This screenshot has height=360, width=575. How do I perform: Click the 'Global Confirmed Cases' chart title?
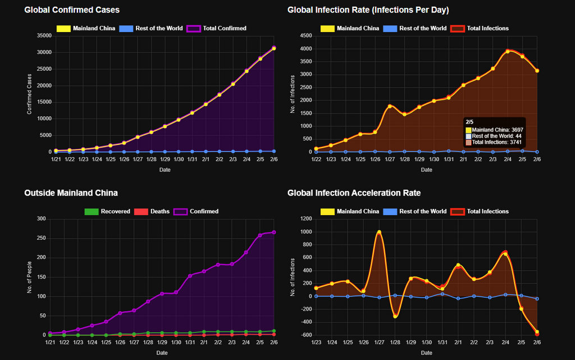click(x=72, y=10)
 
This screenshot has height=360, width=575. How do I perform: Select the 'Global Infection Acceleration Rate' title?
click(x=354, y=193)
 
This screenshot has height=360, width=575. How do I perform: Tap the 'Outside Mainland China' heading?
click(x=71, y=193)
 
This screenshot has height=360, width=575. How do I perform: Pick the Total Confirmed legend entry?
click(x=217, y=28)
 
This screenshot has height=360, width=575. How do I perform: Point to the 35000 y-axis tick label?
click(x=43, y=35)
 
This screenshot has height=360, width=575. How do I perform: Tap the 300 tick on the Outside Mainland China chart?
click(x=41, y=218)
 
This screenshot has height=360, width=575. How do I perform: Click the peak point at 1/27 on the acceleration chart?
click(x=379, y=232)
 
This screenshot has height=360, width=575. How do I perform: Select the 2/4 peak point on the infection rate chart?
click(x=508, y=51)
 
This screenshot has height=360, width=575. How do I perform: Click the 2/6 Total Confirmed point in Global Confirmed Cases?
click(x=274, y=48)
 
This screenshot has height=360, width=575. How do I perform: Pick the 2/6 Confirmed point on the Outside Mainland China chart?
click(x=274, y=232)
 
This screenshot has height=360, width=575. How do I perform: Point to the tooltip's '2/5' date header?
click(x=469, y=122)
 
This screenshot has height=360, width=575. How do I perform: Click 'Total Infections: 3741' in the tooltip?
click(x=494, y=143)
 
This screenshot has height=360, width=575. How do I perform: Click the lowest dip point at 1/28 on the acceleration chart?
click(x=395, y=316)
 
